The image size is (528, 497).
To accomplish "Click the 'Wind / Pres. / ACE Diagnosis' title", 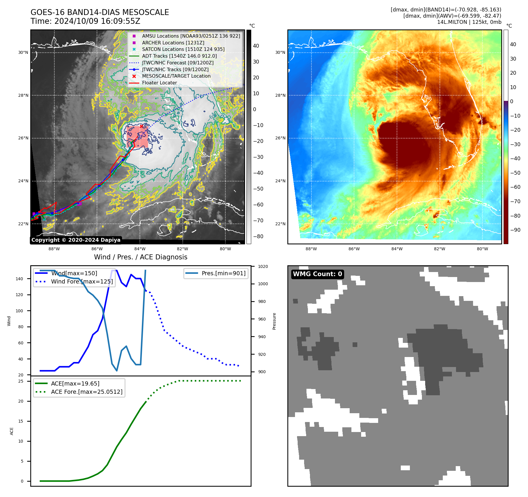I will click(x=140, y=257).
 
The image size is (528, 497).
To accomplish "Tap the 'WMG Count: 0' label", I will click(x=317, y=274).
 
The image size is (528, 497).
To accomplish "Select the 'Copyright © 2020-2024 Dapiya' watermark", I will click(x=76, y=240).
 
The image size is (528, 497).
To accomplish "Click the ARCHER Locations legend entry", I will click(x=173, y=43).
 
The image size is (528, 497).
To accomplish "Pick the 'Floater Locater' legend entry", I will click(x=159, y=83).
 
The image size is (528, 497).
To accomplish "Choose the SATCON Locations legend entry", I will click(x=183, y=49).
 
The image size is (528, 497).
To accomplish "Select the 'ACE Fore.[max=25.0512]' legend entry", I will click(x=86, y=392).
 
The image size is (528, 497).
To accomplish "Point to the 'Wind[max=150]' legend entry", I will click(x=74, y=273).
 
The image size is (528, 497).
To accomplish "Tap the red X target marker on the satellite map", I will click(x=141, y=126).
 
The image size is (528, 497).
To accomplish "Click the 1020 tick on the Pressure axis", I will click(x=263, y=266).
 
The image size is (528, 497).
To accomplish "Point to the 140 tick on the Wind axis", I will click(x=19, y=279).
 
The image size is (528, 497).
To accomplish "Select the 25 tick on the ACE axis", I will click(x=21, y=381).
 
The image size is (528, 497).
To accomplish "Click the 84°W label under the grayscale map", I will click(x=140, y=249).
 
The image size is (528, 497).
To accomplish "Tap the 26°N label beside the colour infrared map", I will click(x=280, y=138).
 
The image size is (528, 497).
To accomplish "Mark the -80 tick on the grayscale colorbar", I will click(x=258, y=236).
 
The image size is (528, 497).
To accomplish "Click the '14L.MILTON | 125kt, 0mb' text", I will click(x=469, y=22).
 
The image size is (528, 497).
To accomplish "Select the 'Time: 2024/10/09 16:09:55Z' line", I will click(x=85, y=21).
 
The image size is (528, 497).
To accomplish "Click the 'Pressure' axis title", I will click(x=274, y=321).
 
